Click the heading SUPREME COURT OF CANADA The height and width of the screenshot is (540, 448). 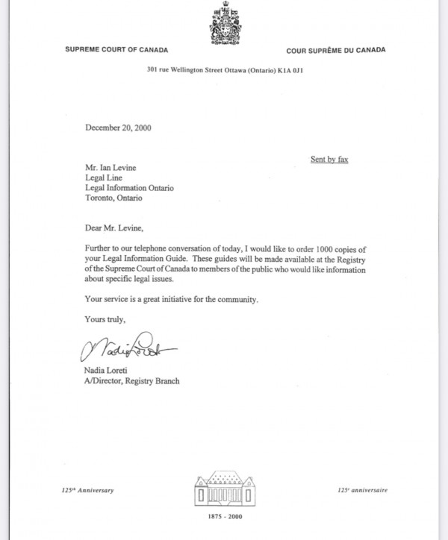click(116, 50)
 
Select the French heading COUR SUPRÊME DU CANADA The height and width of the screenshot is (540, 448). click(335, 50)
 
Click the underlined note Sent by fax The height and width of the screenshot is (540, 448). click(329, 159)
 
